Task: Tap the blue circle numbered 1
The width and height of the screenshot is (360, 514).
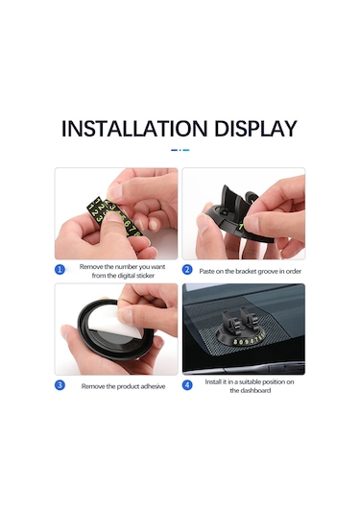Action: point(60,270)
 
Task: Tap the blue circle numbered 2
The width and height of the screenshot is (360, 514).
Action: point(187,270)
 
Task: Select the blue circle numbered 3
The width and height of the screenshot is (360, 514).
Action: point(60,385)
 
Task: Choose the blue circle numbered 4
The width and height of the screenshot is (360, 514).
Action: point(187,385)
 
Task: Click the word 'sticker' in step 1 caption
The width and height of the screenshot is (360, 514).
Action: point(145,276)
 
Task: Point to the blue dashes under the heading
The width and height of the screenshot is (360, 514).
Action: point(180,150)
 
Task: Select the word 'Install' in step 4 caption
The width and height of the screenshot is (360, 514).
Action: point(213,381)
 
